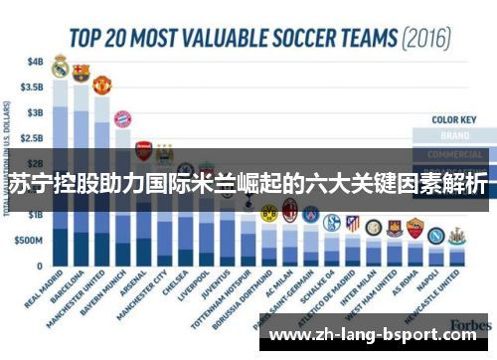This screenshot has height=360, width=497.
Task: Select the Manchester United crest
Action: coord(101,85)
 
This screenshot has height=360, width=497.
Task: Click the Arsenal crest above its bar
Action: coord(144,150)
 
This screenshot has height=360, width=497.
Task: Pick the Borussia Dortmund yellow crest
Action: coord(268,213)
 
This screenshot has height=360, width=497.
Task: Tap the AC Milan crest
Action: coord(290,210)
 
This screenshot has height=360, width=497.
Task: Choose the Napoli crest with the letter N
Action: coord(434,236)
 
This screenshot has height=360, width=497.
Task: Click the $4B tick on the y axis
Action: coord(35,60)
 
